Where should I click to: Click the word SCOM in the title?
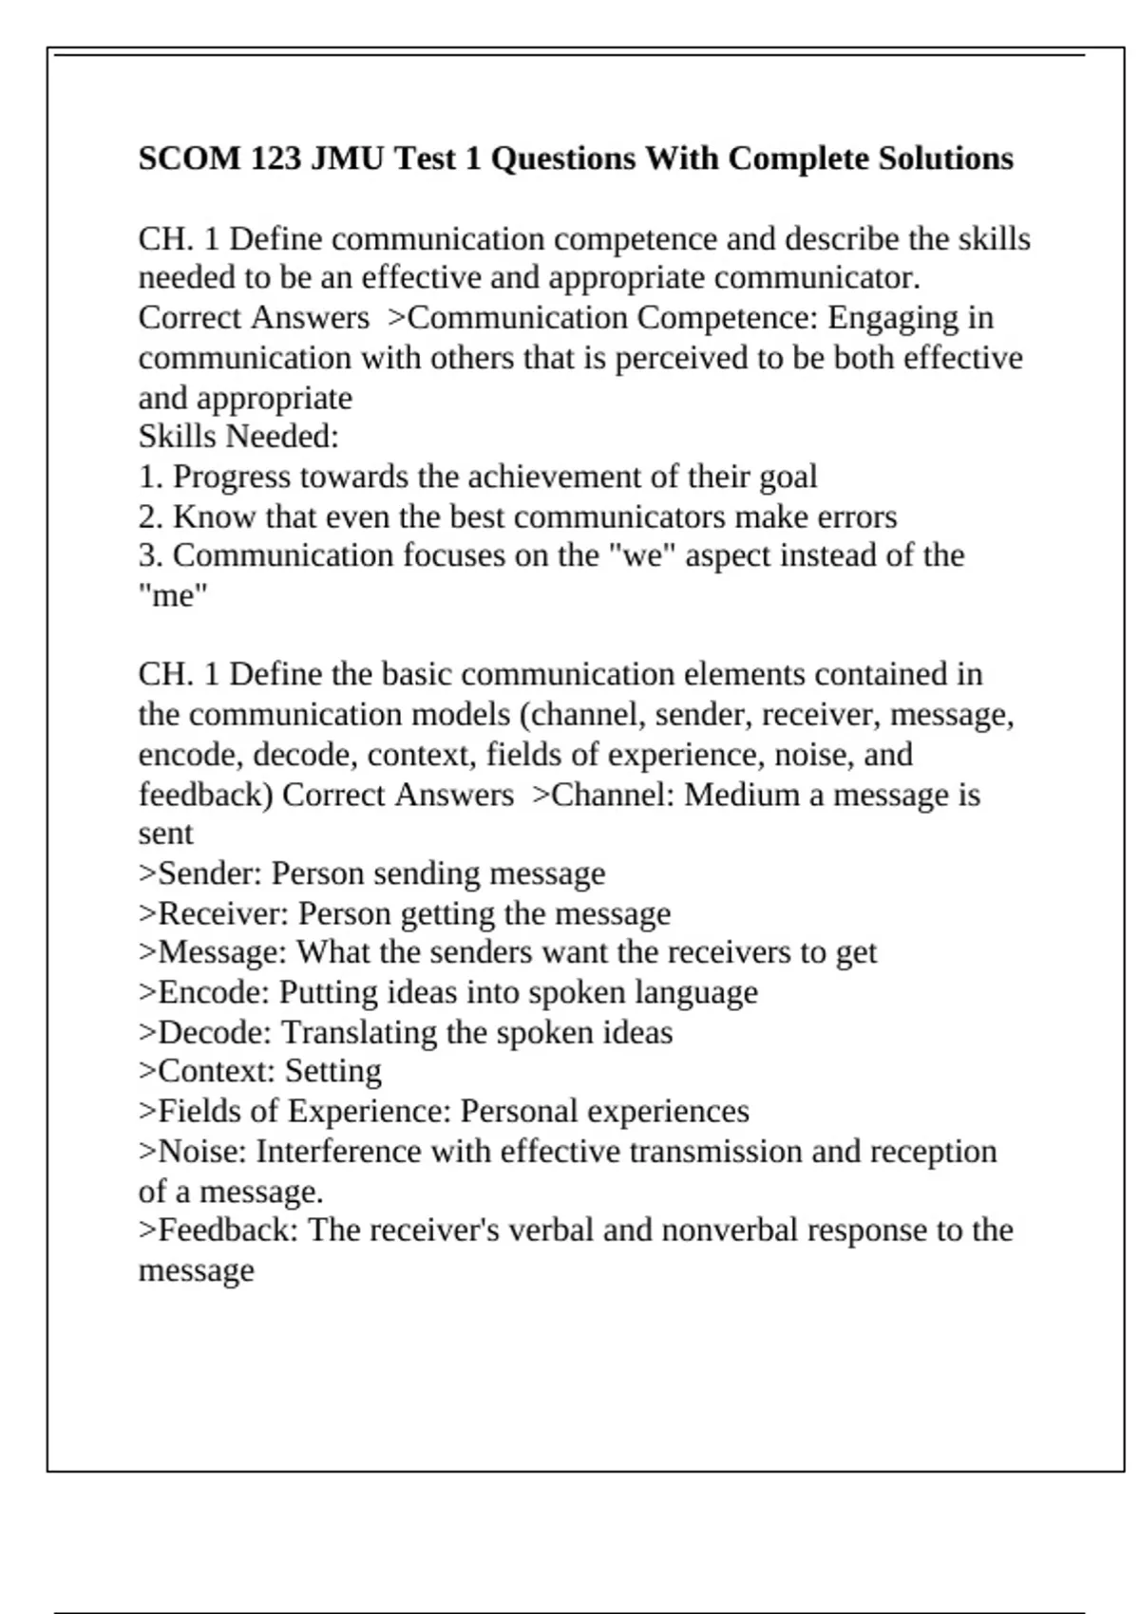(190, 158)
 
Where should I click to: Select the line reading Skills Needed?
(238, 437)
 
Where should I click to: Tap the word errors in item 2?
(861, 516)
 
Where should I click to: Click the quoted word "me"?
(173, 596)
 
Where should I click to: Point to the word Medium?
(742, 794)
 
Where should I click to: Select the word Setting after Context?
(333, 1071)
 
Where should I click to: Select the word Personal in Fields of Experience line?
(519, 1111)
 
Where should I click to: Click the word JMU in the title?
(348, 158)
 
